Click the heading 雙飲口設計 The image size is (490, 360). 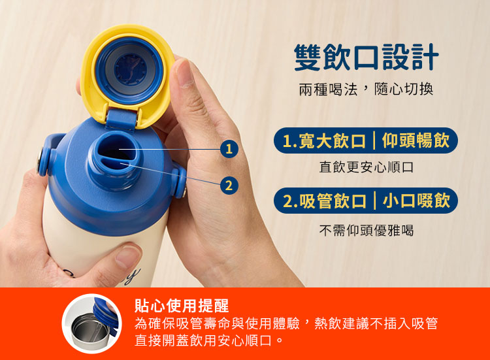click(x=367, y=57)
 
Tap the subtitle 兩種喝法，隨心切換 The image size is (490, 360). click(x=366, y=90)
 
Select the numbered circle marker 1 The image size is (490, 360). click(x=229, y=148)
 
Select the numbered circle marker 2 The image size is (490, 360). click(x=229, y=186)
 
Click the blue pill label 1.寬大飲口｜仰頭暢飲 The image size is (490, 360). click(x=366, y=140)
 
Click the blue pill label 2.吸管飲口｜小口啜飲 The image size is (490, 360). click(x=366, y=201)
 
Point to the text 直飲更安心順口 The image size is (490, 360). click(x=367, y=167)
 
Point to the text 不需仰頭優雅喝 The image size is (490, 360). click(x=367, y=231)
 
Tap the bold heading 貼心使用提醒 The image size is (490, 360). click(x=182, y=306)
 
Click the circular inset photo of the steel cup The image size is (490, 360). click(x=91, y=323)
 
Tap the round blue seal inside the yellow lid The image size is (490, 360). click(x=129, y=71)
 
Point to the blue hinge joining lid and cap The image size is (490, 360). click(x=122, y=119)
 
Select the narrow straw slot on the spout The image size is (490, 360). click(x=116, y=163)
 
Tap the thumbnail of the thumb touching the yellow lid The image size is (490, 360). click(x=184, y=73)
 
